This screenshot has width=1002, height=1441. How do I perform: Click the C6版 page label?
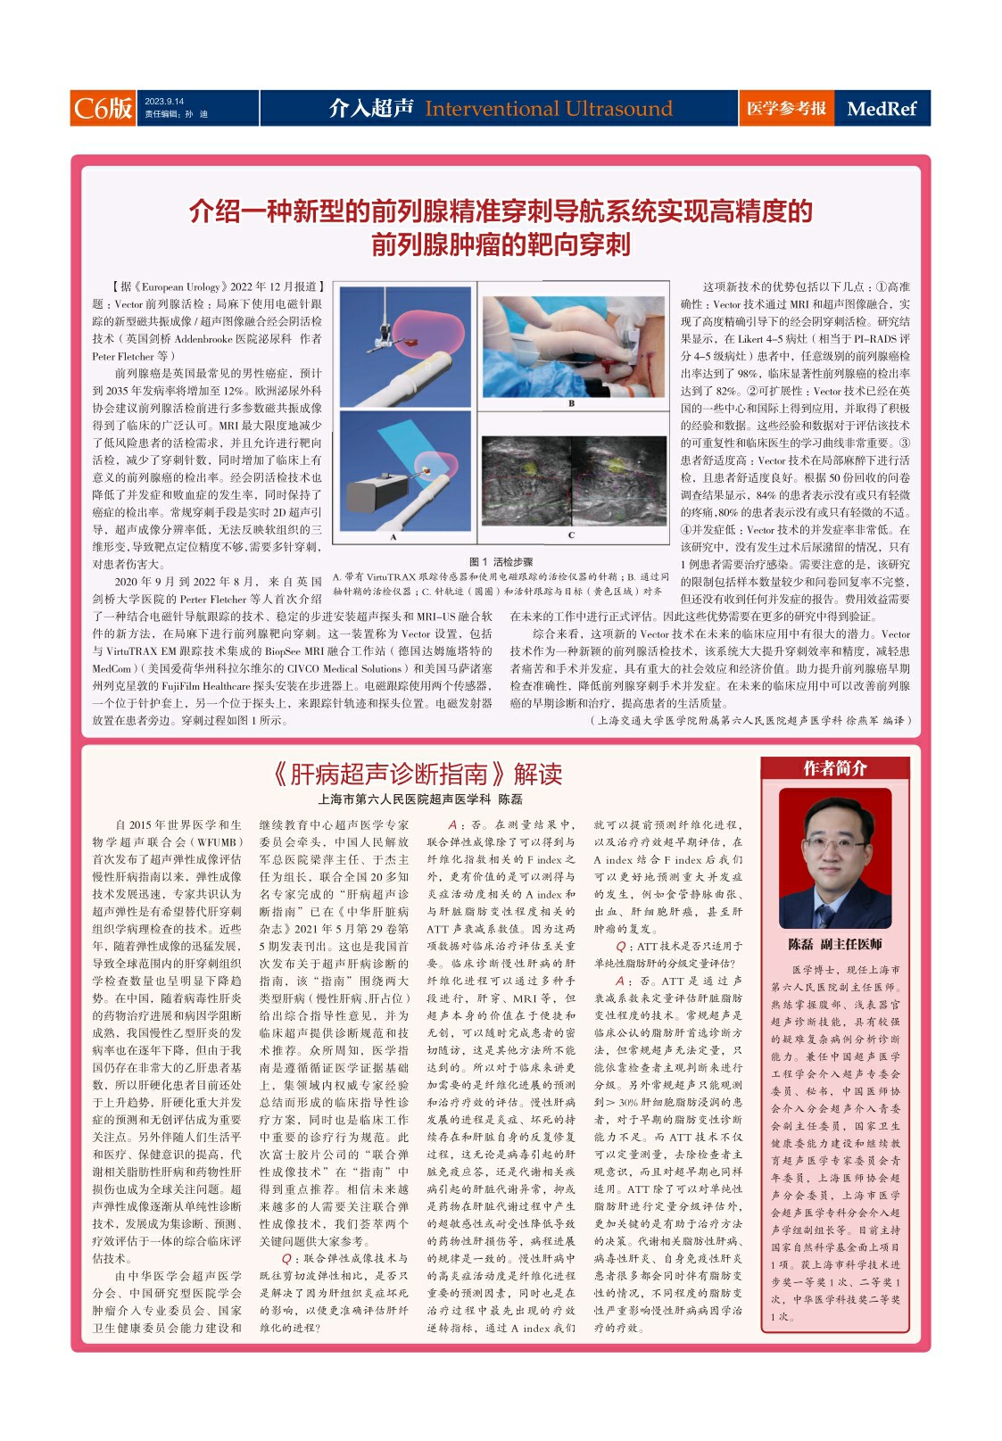tap(103, 108)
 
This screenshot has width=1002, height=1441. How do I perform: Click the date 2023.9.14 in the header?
tap(164, 101)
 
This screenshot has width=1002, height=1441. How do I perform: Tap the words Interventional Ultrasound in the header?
tap(548, 109)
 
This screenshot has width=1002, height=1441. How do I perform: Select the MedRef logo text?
tap(881, 109)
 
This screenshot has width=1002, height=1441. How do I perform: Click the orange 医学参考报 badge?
tap(786, 108)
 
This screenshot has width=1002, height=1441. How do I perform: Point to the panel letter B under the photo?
tap(571, 403)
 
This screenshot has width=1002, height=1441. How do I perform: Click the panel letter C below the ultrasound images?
tap(571, 535)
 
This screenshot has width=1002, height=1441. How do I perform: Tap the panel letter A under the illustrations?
tap(393, 537)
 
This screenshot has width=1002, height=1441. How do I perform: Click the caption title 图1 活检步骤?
tap(501, 562)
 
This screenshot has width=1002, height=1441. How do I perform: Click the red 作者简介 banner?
tap(834, 768)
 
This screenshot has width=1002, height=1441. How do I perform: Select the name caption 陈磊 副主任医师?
tap(834, 944)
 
